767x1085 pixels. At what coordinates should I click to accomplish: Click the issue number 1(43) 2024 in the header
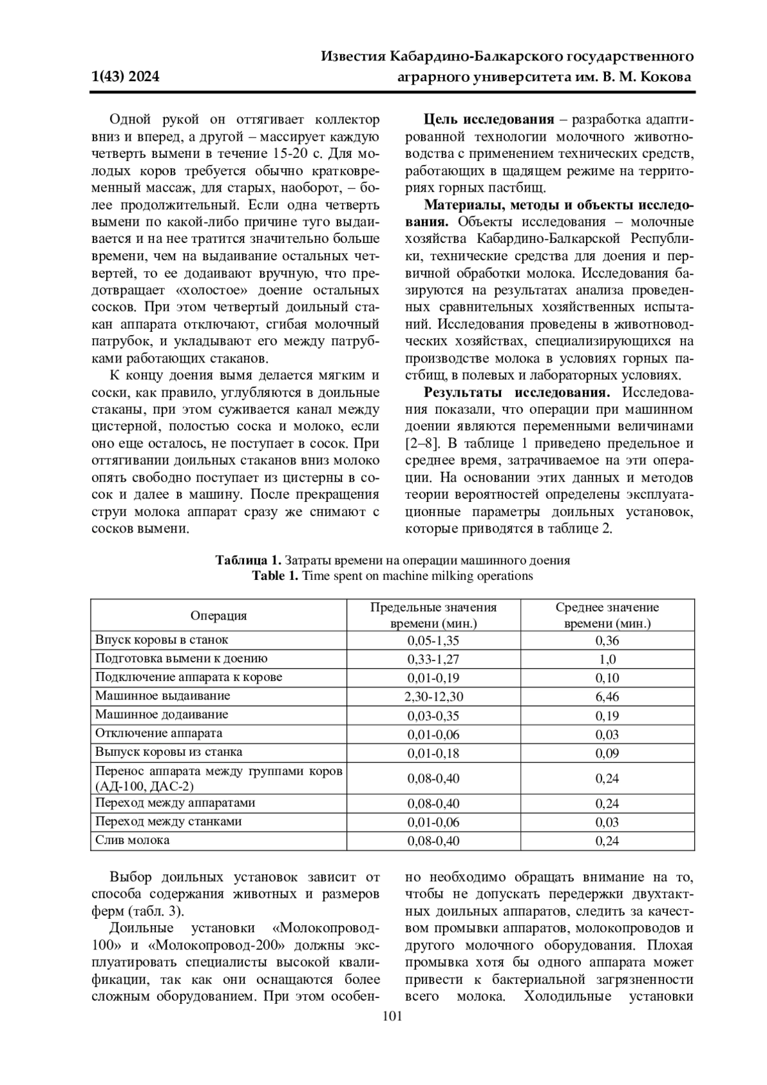[125, 77]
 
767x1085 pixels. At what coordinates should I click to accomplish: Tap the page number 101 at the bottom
[391, 1017]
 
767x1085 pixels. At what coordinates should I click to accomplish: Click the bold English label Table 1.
[275, 575]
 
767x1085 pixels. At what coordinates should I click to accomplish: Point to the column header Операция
[219, 616]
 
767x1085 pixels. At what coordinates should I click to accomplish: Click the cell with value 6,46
[607, 696]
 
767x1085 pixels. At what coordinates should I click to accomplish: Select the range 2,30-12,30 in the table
[433, 696]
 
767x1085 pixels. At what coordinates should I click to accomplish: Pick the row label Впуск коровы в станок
[162, 640]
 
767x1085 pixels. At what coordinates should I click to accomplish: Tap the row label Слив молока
[132, 840]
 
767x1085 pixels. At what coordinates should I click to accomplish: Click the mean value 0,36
[607, 641]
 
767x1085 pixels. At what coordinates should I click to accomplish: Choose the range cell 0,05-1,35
[433, 641]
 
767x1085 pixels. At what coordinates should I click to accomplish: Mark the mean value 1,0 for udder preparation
[607, 659]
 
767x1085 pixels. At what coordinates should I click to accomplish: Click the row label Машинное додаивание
[162, 715]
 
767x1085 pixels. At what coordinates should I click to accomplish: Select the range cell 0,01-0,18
[433, 753]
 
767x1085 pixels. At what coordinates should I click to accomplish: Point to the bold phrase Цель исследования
[489, 120]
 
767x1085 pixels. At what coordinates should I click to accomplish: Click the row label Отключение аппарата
[159, 733]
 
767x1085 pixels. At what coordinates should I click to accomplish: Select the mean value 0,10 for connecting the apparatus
[607, 678]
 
